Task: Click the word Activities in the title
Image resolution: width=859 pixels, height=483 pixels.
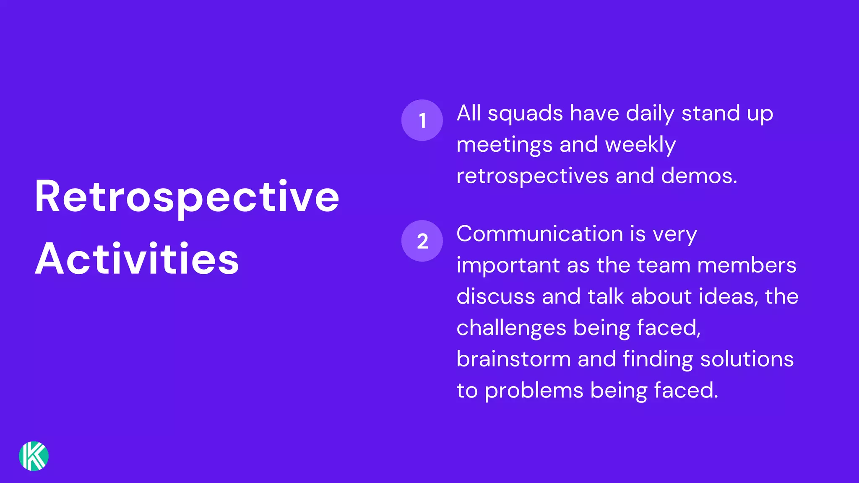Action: (137, 259)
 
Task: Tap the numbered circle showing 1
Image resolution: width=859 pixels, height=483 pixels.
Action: (422, 120)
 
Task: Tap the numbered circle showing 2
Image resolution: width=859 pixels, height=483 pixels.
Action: (422, 241)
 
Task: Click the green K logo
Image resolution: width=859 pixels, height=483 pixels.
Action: (34, 456)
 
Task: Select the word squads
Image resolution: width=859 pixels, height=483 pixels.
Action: (525, 114)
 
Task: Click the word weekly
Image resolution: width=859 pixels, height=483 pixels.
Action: (640, 145)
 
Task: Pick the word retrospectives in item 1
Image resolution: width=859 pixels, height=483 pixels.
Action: (532, 176)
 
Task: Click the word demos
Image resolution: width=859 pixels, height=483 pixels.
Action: (699, 176)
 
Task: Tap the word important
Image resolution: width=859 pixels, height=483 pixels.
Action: (508, 266)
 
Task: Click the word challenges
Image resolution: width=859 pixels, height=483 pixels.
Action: (511, 328)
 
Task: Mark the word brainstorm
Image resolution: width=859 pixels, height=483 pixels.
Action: (513, 359)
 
